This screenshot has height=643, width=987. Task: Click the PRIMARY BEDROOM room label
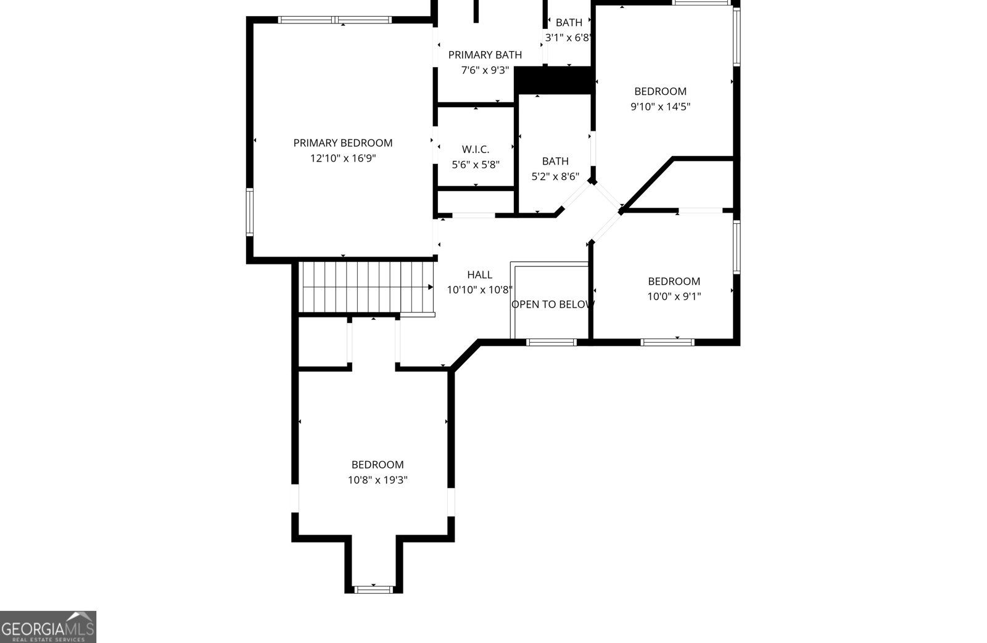(342, 143)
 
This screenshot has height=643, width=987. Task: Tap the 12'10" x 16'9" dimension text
(342, 158)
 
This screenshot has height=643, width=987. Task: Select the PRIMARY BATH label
(485, 55)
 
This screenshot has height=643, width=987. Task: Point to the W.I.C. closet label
(476, 149)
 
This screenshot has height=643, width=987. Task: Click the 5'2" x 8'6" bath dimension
(555, 176)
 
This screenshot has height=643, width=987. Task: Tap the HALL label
(479, 274)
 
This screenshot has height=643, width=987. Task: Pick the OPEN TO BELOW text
(552, 304)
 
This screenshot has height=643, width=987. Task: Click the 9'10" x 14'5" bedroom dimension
(660, 107)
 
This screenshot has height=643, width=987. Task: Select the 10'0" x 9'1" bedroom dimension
(674, 297)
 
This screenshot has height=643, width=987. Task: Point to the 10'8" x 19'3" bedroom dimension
(378, 480)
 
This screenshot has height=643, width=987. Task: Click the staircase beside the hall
(366, 287)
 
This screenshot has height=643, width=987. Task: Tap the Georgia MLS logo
(48, 626)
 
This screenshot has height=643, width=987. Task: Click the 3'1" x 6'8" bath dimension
(568, 38)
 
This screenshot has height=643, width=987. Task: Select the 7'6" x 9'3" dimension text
(485, 70)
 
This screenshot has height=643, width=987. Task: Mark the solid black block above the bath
(553, 80)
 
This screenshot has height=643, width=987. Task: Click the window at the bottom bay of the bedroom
(374, 589)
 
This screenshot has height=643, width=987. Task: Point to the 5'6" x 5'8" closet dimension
(476, 165)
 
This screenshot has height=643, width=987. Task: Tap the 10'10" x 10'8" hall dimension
(479, 290)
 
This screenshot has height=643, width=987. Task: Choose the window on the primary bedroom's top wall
(335, 20)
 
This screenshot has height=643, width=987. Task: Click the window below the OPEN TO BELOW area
(551, 342)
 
